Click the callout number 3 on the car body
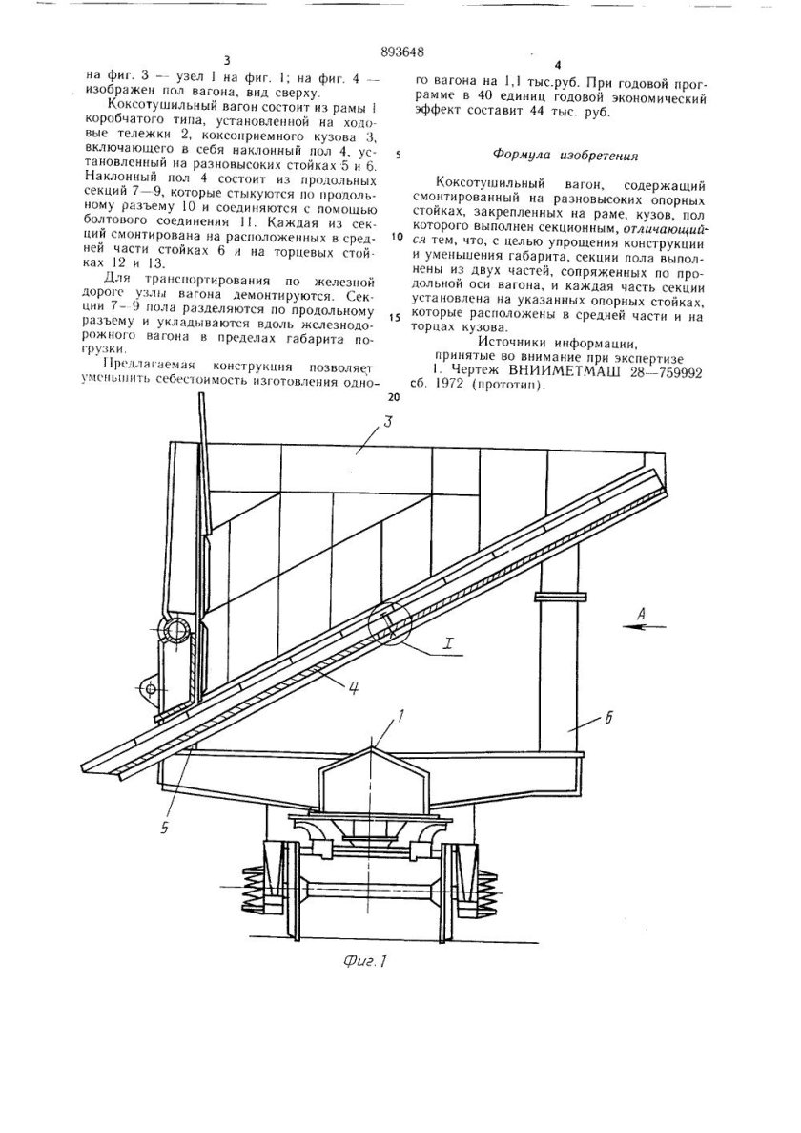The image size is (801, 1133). point(364,427)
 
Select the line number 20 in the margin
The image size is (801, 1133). point(396,395)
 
